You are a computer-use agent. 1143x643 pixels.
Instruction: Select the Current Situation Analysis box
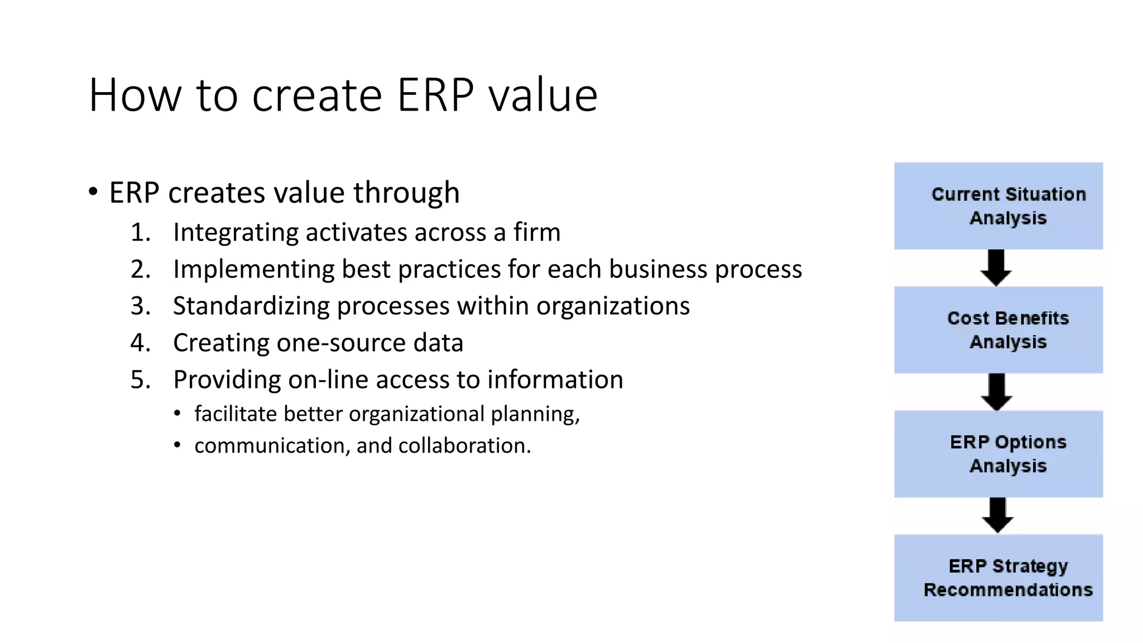point(998,206)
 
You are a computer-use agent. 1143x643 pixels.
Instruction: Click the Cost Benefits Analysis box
point(998,330)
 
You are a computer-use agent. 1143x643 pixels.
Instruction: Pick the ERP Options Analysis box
point(998,454)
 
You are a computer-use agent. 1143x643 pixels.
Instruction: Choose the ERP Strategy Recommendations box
point(998,578)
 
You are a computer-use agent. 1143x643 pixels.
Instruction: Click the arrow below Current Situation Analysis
point(996,268)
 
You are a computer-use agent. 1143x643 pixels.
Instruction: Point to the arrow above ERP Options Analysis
point(997,392)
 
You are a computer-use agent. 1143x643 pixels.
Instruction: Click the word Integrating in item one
point(235,233)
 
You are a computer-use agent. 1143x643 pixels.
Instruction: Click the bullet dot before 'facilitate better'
point(177,414)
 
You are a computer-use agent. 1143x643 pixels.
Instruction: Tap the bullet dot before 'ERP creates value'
point(93,192)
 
